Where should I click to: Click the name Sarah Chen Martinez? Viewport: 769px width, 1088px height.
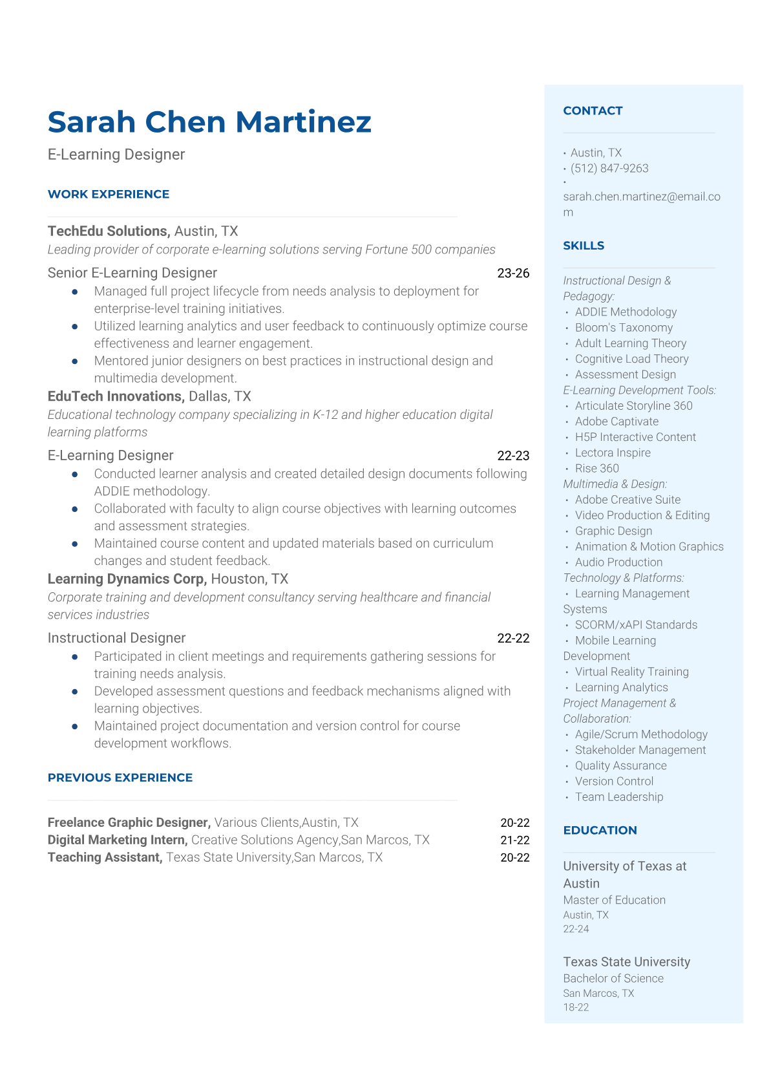[x=209, y=122]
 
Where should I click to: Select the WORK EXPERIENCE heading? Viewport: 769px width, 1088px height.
[x=109, y=195]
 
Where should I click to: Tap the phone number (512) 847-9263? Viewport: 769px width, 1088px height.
[x=609, y=169]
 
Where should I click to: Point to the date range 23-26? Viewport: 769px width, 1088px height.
[x=513, y=273]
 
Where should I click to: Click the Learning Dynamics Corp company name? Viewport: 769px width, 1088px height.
[x=127, y=579]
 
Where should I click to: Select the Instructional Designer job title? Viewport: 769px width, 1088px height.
[x=116, y=638]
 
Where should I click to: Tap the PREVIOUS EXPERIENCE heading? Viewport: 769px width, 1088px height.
[x=120, y=778]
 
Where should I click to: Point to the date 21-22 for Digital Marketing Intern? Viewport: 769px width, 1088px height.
[x=514, y=840]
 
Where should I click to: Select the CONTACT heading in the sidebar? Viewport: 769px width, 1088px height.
[x=593, y=111]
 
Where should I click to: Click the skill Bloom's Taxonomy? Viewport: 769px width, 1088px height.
[x=624, y=328]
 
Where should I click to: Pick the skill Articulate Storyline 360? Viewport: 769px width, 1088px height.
[x=633, y=406]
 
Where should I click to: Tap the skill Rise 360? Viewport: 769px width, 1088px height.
[x=596, y=469]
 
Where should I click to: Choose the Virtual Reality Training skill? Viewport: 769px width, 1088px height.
[x=631, y=672]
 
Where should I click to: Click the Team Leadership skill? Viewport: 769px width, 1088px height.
[x=618, y=797]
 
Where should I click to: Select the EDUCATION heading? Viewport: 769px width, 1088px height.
[x=600, y=831]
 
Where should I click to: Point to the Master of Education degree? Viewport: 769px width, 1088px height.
[x=614, y=900]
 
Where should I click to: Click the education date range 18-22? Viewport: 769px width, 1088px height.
[x=576, y=1007]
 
